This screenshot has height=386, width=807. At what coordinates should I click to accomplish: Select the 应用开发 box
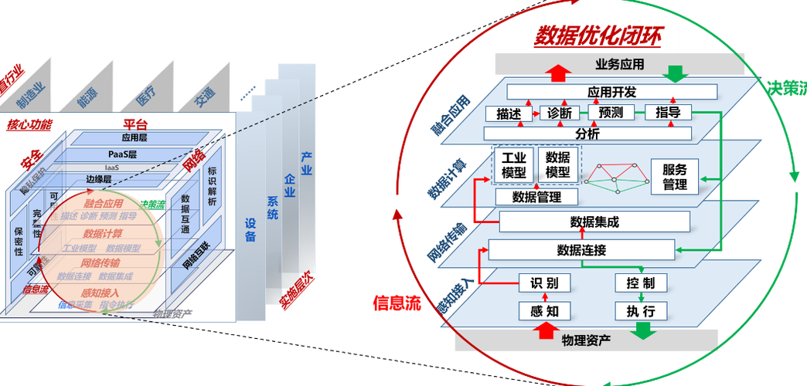pyautogui.click(x=611, y=92)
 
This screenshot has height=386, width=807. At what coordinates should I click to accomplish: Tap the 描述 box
pyautogui.click(x=509, y=113)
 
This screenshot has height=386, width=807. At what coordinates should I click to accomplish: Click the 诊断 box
pyautogui.click(x=558, y=113)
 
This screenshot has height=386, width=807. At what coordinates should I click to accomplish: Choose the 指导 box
pyautogui.click(x=667, y=113)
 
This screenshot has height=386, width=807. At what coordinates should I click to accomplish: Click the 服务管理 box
pyautogui.click(x=674, y=177)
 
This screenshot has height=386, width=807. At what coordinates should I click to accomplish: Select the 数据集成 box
pyautogui.click(x=594, y=222)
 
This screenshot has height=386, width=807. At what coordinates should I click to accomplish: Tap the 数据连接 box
pyautogui.click(x=581, y=250)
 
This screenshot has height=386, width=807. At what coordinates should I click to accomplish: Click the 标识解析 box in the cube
pyautogui.click(x=213, y=188)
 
